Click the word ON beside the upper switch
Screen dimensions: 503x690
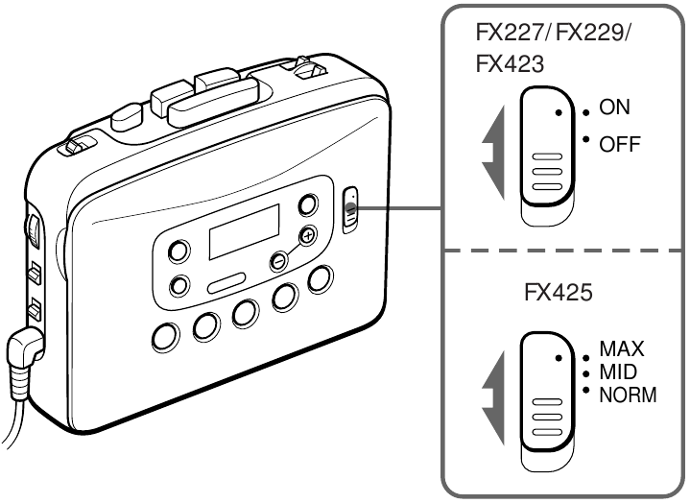coord(615,108)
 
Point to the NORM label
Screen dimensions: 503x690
coord(628,393)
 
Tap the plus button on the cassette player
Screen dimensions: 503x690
coord(307,235)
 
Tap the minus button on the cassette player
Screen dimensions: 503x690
coord(276,258)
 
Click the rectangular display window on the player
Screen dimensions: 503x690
coord(245,230)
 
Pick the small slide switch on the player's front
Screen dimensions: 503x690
coord(350,209)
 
